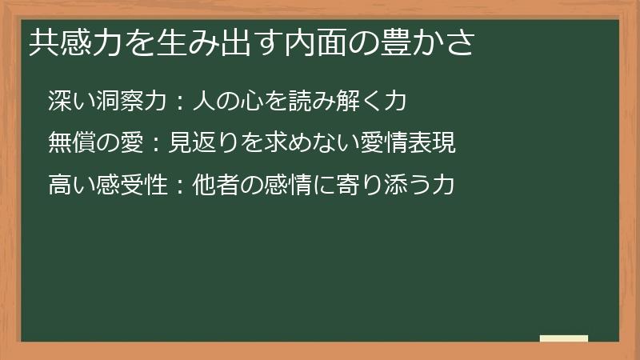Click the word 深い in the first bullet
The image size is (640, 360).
(x=67, y=102)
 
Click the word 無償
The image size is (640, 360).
(x=68, y=144)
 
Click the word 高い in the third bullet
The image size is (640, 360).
(x=67, y=186)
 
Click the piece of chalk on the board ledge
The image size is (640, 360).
(x=564, y=338)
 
